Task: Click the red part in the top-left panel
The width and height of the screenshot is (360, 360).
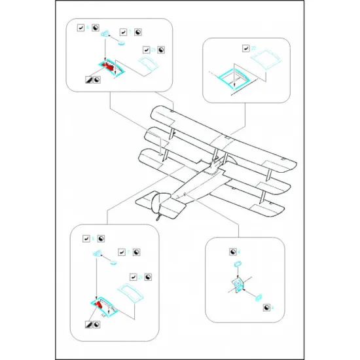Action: click(x=109, y=67)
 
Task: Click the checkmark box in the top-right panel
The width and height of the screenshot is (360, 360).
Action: click(x=245, y=48)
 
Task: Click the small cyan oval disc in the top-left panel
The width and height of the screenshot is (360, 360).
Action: click(x=122, y=44)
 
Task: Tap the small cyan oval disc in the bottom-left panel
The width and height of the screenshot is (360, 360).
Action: click(x=112, y=264)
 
